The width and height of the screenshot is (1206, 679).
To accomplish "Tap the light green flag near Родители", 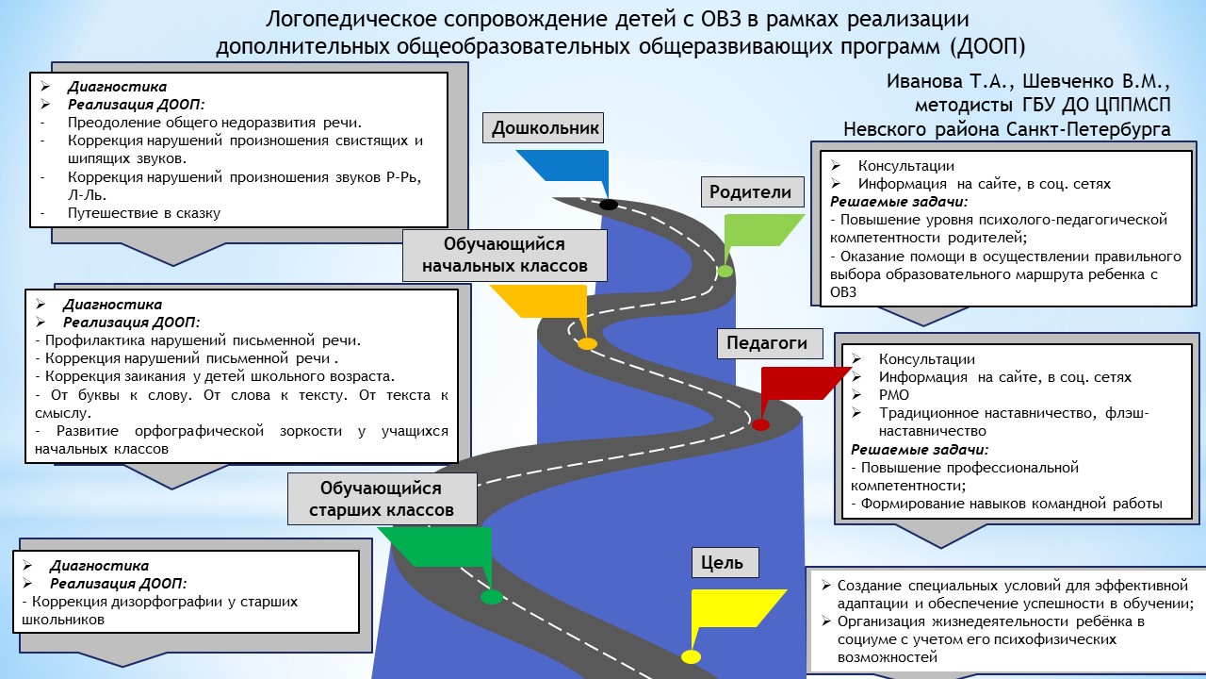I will pos(759,231).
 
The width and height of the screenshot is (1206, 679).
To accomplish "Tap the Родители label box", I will pos(750,192).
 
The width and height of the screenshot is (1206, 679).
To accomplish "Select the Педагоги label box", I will pos(767,343).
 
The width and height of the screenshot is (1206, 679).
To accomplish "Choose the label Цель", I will pos(723,563).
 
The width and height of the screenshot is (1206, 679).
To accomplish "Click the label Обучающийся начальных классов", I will pos(504,255).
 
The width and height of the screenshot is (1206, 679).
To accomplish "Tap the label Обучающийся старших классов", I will pos(382,499).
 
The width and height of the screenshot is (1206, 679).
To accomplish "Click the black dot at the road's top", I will pos(609,205).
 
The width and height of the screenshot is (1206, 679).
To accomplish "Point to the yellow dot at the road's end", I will pos(692,657).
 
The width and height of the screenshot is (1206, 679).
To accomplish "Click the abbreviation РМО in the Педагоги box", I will pos(894,395).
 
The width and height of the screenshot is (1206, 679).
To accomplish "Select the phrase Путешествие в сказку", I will pos(143,213).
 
